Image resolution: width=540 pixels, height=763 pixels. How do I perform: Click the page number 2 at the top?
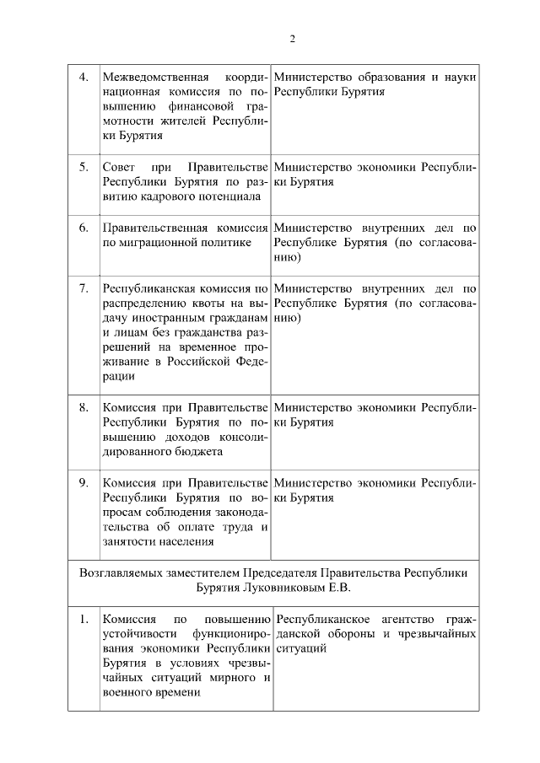[292, 38]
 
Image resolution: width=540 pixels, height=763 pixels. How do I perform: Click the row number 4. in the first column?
[84, 78]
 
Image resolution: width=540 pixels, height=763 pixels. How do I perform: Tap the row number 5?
[84, 166]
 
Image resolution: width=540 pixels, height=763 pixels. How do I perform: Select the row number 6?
[84, 228]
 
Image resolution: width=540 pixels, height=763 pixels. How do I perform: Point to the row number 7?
[84, 288]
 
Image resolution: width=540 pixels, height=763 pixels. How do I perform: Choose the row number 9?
[84, 483]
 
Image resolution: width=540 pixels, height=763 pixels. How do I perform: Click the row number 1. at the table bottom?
[84, 620]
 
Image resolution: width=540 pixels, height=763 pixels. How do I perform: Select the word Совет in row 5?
[117, 166]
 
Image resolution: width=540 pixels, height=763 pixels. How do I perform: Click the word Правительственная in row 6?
[155, 228]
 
